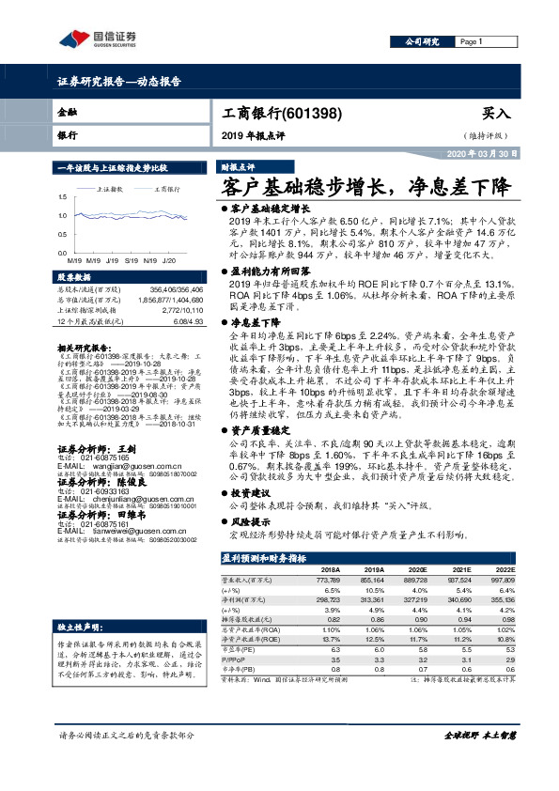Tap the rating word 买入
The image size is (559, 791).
click(x=496, y=113)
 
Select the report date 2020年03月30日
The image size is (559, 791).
click(x=477, y=153)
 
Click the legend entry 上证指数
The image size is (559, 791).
click(x=113, y=189)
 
